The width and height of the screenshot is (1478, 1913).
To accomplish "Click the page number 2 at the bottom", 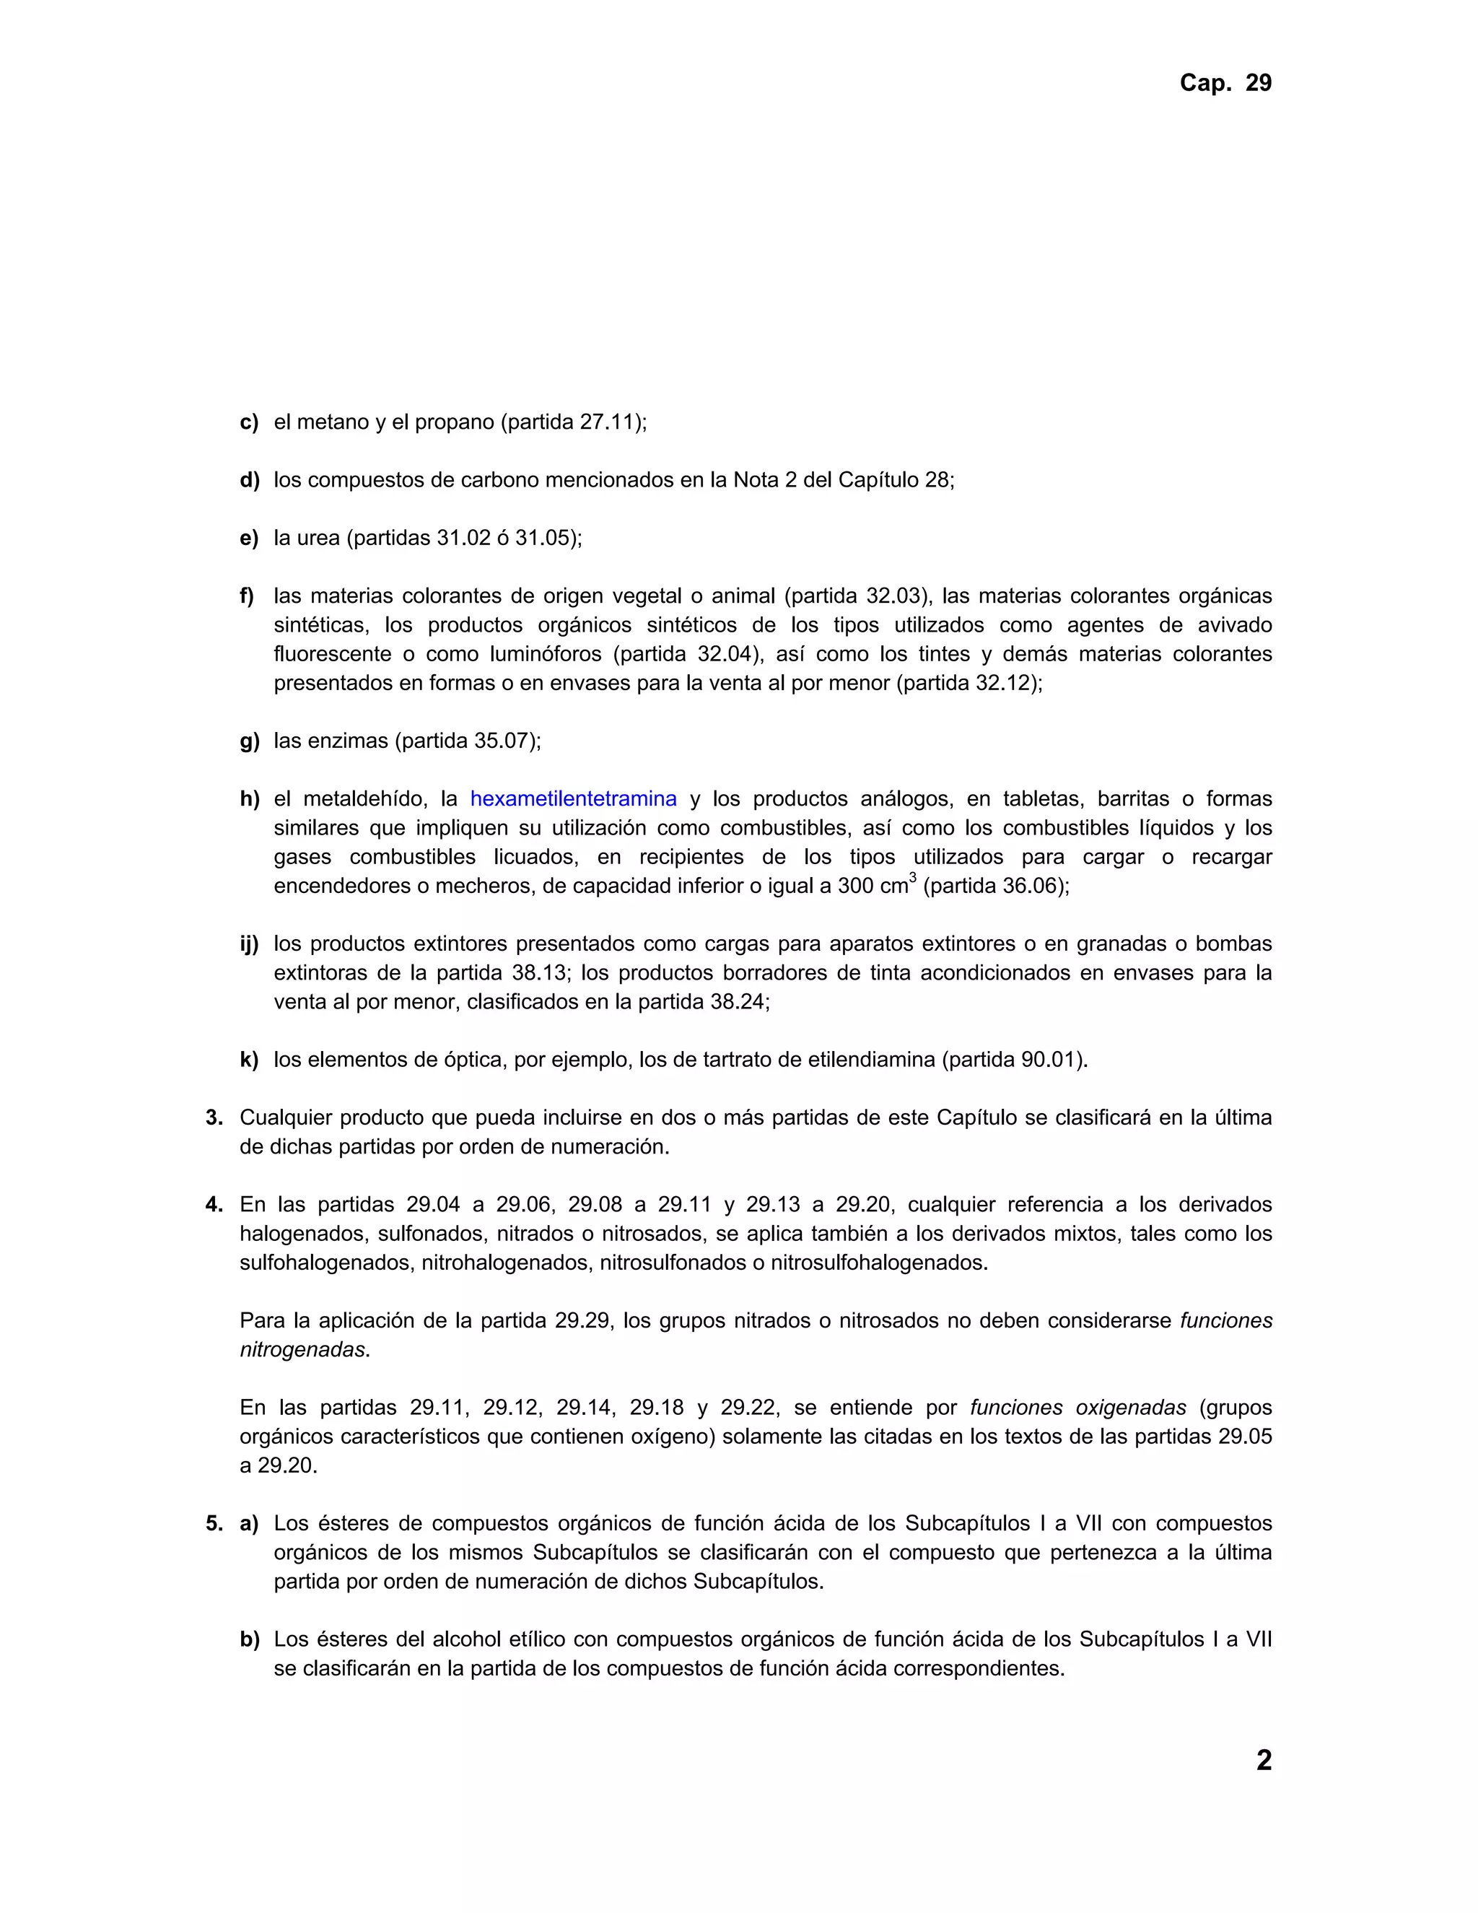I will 1264,1760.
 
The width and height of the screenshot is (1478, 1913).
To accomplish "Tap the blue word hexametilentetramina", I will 574,799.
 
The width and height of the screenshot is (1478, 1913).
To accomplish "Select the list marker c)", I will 250,422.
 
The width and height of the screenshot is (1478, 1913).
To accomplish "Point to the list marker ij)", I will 250,944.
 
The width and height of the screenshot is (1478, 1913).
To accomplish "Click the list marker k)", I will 250,1060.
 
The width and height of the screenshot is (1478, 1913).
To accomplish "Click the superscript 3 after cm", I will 912,878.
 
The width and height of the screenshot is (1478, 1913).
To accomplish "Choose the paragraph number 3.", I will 214,1117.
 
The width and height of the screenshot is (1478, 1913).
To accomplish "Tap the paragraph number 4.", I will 214,1206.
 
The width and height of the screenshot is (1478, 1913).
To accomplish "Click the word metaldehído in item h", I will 365,799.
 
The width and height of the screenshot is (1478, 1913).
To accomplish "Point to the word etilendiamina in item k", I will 871,1060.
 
